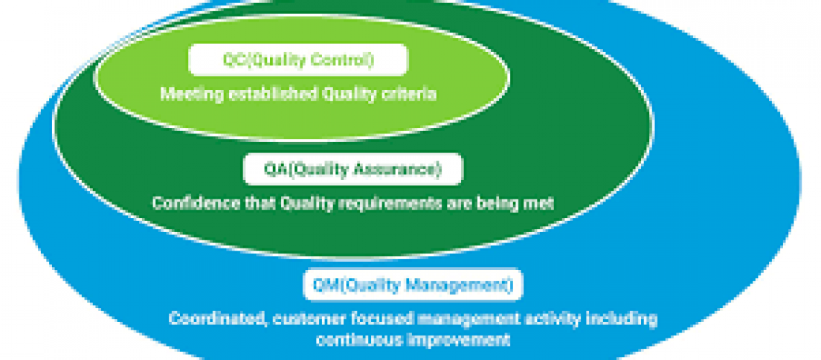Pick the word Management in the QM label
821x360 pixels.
click(463, 285)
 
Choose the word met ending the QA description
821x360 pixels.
click(539, 204)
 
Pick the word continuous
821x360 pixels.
click(355, 339)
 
